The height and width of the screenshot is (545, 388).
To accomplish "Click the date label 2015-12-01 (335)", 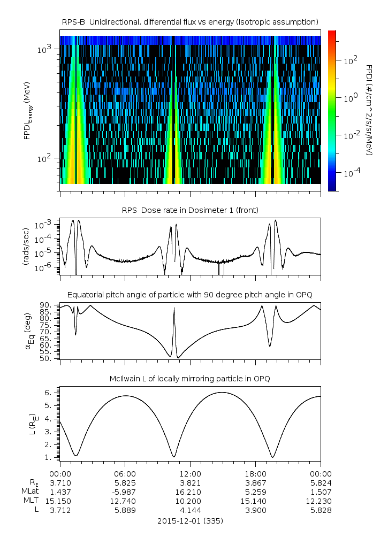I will pos(190,520).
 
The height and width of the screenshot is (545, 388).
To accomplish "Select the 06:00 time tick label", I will pos(125,473).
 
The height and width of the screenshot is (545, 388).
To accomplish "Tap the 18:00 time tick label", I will pos(255,473).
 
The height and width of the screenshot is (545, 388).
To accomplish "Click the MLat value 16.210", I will pos(190,492).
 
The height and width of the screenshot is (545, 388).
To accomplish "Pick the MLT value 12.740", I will pos(125,501).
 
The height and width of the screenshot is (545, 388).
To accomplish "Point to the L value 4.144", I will pos(190,511).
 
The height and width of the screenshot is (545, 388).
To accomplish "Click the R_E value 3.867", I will pos(255,482).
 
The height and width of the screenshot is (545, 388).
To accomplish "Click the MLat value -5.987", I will pos(125,492).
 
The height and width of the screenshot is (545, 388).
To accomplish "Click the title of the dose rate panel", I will pos(190,210).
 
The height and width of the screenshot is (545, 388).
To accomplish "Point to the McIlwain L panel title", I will pos(190,379).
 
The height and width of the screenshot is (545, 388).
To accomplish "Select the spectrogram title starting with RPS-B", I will pos(190,21).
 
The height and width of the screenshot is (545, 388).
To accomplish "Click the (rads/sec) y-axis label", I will pos(26,247).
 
